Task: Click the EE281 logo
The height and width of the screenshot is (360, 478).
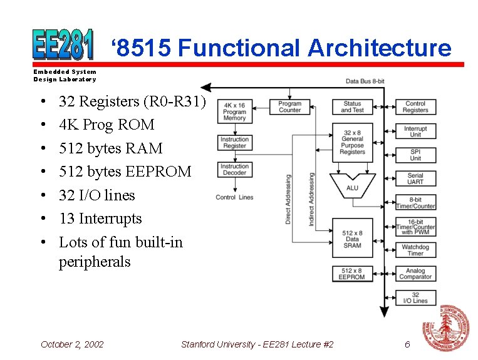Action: pyautogui.click(x=63, y=45)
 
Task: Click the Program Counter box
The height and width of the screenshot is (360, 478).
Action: pyautogui.click(x=289, y=107)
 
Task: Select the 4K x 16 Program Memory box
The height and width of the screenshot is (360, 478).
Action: pyautogui.click(x=234, y=111)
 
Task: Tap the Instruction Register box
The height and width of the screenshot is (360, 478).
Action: pyautogui.click(x=234, y=143)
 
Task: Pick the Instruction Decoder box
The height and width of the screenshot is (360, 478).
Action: pyautogui.click(x=234, y=170)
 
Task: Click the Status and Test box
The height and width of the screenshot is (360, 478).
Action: pyautogui.click(x=352, y=107)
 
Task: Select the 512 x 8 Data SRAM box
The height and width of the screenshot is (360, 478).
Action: pyautogui.click(x=352, y=237)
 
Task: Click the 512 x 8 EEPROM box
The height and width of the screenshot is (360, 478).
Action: pyautogui.click(x=352, y=274)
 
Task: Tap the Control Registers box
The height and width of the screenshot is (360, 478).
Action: pyautogui.click(x=415, y=107)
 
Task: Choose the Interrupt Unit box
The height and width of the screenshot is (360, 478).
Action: pyautogui.click(x=415, y=131)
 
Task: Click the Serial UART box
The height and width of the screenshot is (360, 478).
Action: pyautogui.click(x=415, y=179)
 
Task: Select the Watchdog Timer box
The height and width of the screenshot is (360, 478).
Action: pyautogui.click(x=415, y=250)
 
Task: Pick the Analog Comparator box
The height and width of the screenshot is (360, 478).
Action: pyautogui.click(x=415, y=274)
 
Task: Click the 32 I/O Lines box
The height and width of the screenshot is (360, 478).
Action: pyautogui.click(x=415, y=298)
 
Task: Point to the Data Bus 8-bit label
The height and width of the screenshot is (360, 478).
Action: pyautogui.click(x=365, y=81)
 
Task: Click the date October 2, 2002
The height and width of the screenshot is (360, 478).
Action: pyautogui.click(x=72, y=344)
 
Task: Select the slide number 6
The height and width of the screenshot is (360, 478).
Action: pyautogui.click(x=407, y=344)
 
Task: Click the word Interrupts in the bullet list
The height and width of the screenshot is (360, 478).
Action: pyautogui.click(x=110, y=219)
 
